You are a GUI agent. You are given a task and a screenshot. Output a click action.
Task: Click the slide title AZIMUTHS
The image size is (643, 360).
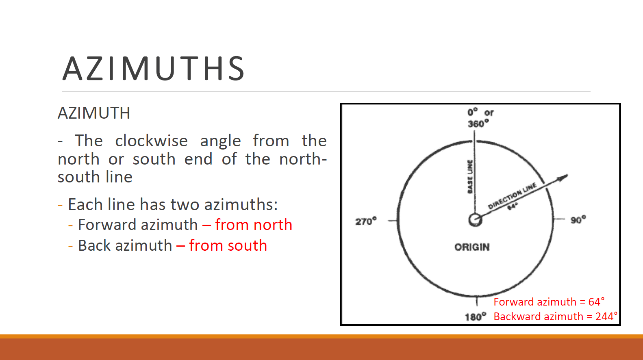153,68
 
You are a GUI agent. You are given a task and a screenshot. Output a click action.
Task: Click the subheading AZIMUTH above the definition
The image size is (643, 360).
94,113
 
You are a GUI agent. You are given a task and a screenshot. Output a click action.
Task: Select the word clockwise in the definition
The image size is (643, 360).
151,141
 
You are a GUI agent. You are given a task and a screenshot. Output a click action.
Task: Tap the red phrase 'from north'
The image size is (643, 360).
254,225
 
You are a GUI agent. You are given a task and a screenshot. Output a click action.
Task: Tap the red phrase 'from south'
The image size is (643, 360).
228,245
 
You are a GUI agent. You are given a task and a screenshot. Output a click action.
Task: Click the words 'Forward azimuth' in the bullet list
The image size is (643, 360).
138,225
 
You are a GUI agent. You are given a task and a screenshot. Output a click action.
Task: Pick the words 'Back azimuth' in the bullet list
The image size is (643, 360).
125,245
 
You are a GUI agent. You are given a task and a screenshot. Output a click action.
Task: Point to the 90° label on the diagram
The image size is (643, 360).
578,220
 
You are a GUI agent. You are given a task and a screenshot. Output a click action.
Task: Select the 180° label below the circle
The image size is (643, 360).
476,317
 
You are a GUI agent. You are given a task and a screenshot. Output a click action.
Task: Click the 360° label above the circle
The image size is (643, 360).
478,124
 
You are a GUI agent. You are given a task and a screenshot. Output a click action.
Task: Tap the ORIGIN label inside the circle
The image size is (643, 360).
472,247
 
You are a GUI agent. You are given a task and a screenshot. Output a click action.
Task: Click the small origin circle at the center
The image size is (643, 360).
475,220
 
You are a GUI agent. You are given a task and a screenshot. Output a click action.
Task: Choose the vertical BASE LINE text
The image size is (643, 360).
470,176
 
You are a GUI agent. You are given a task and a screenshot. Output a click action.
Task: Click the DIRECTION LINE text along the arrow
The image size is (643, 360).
512,195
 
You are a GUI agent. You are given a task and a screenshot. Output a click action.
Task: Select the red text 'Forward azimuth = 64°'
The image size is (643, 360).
549,302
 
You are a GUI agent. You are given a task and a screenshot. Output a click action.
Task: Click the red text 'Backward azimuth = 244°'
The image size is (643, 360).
556,317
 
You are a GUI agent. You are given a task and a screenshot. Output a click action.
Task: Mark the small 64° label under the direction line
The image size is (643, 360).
513,206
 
